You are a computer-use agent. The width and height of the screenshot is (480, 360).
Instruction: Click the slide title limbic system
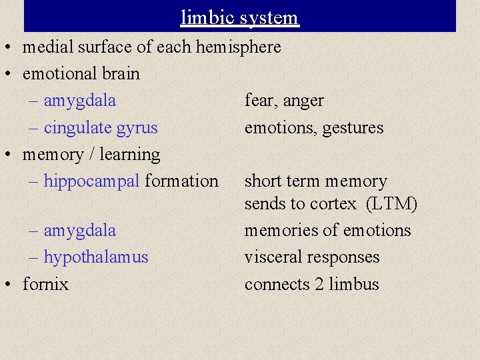coord(239,17)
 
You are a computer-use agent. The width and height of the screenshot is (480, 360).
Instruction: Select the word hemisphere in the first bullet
coord(238,47)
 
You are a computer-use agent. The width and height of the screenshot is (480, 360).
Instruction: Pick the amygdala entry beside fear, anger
coord(79,101)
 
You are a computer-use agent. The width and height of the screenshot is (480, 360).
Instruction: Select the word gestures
coord(353,127)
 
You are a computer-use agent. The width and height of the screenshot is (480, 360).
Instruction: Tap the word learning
coord(130,155)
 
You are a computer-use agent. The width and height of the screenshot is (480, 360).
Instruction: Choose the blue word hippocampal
coord(92,181)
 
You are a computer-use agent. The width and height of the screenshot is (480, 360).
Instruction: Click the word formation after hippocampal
coord(182,181)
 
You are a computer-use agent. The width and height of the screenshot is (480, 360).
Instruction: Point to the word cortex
coord(334,204)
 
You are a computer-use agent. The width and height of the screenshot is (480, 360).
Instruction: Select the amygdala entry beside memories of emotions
coord(79,230)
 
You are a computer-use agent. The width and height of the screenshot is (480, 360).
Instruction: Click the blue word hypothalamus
coord(96,257)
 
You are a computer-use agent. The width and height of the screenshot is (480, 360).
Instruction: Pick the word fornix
coord(45,284)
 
